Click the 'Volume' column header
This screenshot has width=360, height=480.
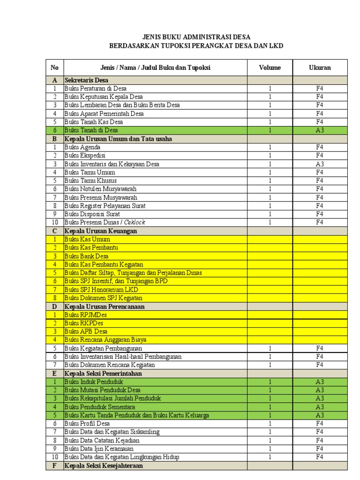point(270,67)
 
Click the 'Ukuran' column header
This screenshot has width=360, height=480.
point(320,67)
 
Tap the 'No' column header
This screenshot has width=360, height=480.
point(54,67)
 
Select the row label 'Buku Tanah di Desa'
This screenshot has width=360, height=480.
point(91,130)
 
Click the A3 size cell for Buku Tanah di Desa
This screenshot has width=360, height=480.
point(320,130)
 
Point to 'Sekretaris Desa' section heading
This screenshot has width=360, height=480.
point(86,80)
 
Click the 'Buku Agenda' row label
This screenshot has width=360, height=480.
point(82,147)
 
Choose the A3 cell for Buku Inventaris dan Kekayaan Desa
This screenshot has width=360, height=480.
point(320,164)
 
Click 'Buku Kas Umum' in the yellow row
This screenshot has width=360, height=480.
point(87,240)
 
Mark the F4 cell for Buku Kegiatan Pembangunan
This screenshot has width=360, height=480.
point(320,348)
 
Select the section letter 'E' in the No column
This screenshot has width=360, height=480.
point(54,374)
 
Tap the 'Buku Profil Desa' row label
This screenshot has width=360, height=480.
point(87,424)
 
